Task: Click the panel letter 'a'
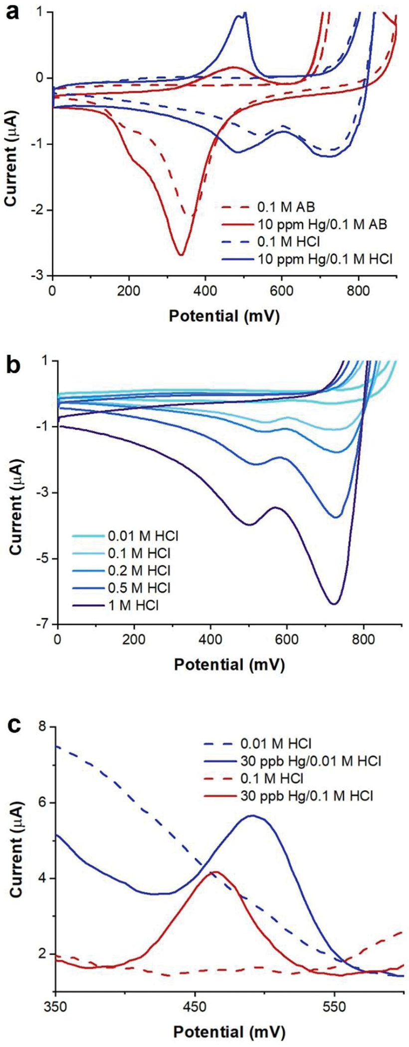pos(12,11)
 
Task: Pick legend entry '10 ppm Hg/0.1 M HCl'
pos(321,258)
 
